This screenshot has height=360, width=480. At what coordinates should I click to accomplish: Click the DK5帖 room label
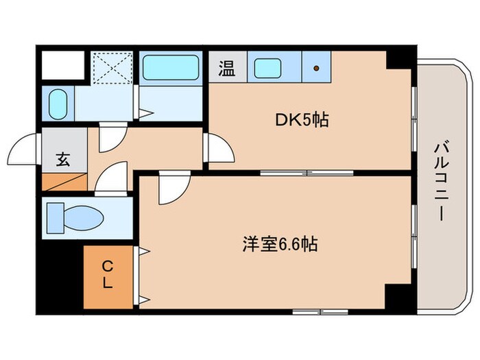pyautogui.click(x=302, y=121)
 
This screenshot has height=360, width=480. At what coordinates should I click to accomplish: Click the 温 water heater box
pyautogui.click(x=226, y=68)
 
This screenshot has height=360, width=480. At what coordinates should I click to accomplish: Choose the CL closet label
pyautogui.click(x=108, y=274)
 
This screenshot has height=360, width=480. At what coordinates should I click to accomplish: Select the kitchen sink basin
pyautogui.click(x=267, y=68)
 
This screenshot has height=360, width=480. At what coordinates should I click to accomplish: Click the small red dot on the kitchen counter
pyautogui.click(x=317, y=68)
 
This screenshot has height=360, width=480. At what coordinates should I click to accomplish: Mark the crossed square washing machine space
pyautogui.click(x=111, y=67)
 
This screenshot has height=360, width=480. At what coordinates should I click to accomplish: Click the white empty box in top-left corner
pyautogui.click(x=62, y=65)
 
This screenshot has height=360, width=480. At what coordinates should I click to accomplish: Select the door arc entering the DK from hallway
pyautogui.click(x=220, y=149)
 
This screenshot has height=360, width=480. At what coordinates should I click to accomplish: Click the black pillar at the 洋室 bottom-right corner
pyautogui.click(x=396, y=297)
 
